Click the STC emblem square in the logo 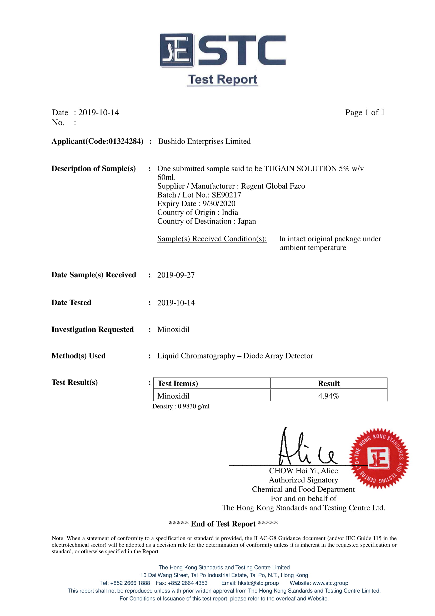(x=177, y=50)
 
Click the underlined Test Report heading (x=222, y=80)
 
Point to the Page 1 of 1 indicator (x=365, y=112)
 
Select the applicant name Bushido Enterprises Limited (x=204, y=141)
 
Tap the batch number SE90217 (x=226, y=195)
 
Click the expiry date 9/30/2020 (x=219, y=204)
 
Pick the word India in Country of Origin (x=230, y=213)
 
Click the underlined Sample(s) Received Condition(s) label (x=212, y=239)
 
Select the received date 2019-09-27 (x=176, y=275)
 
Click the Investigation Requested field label (x=92, y=329)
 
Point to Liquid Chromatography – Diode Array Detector (x=235, y=356)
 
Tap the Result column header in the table (x=328, y=383)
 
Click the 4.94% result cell (x=328, y=396)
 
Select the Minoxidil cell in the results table (x=173, y=396)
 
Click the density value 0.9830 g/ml (x=193, y=406)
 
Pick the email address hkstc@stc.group (x=258, y=583)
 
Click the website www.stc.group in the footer (x=330, y=583)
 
